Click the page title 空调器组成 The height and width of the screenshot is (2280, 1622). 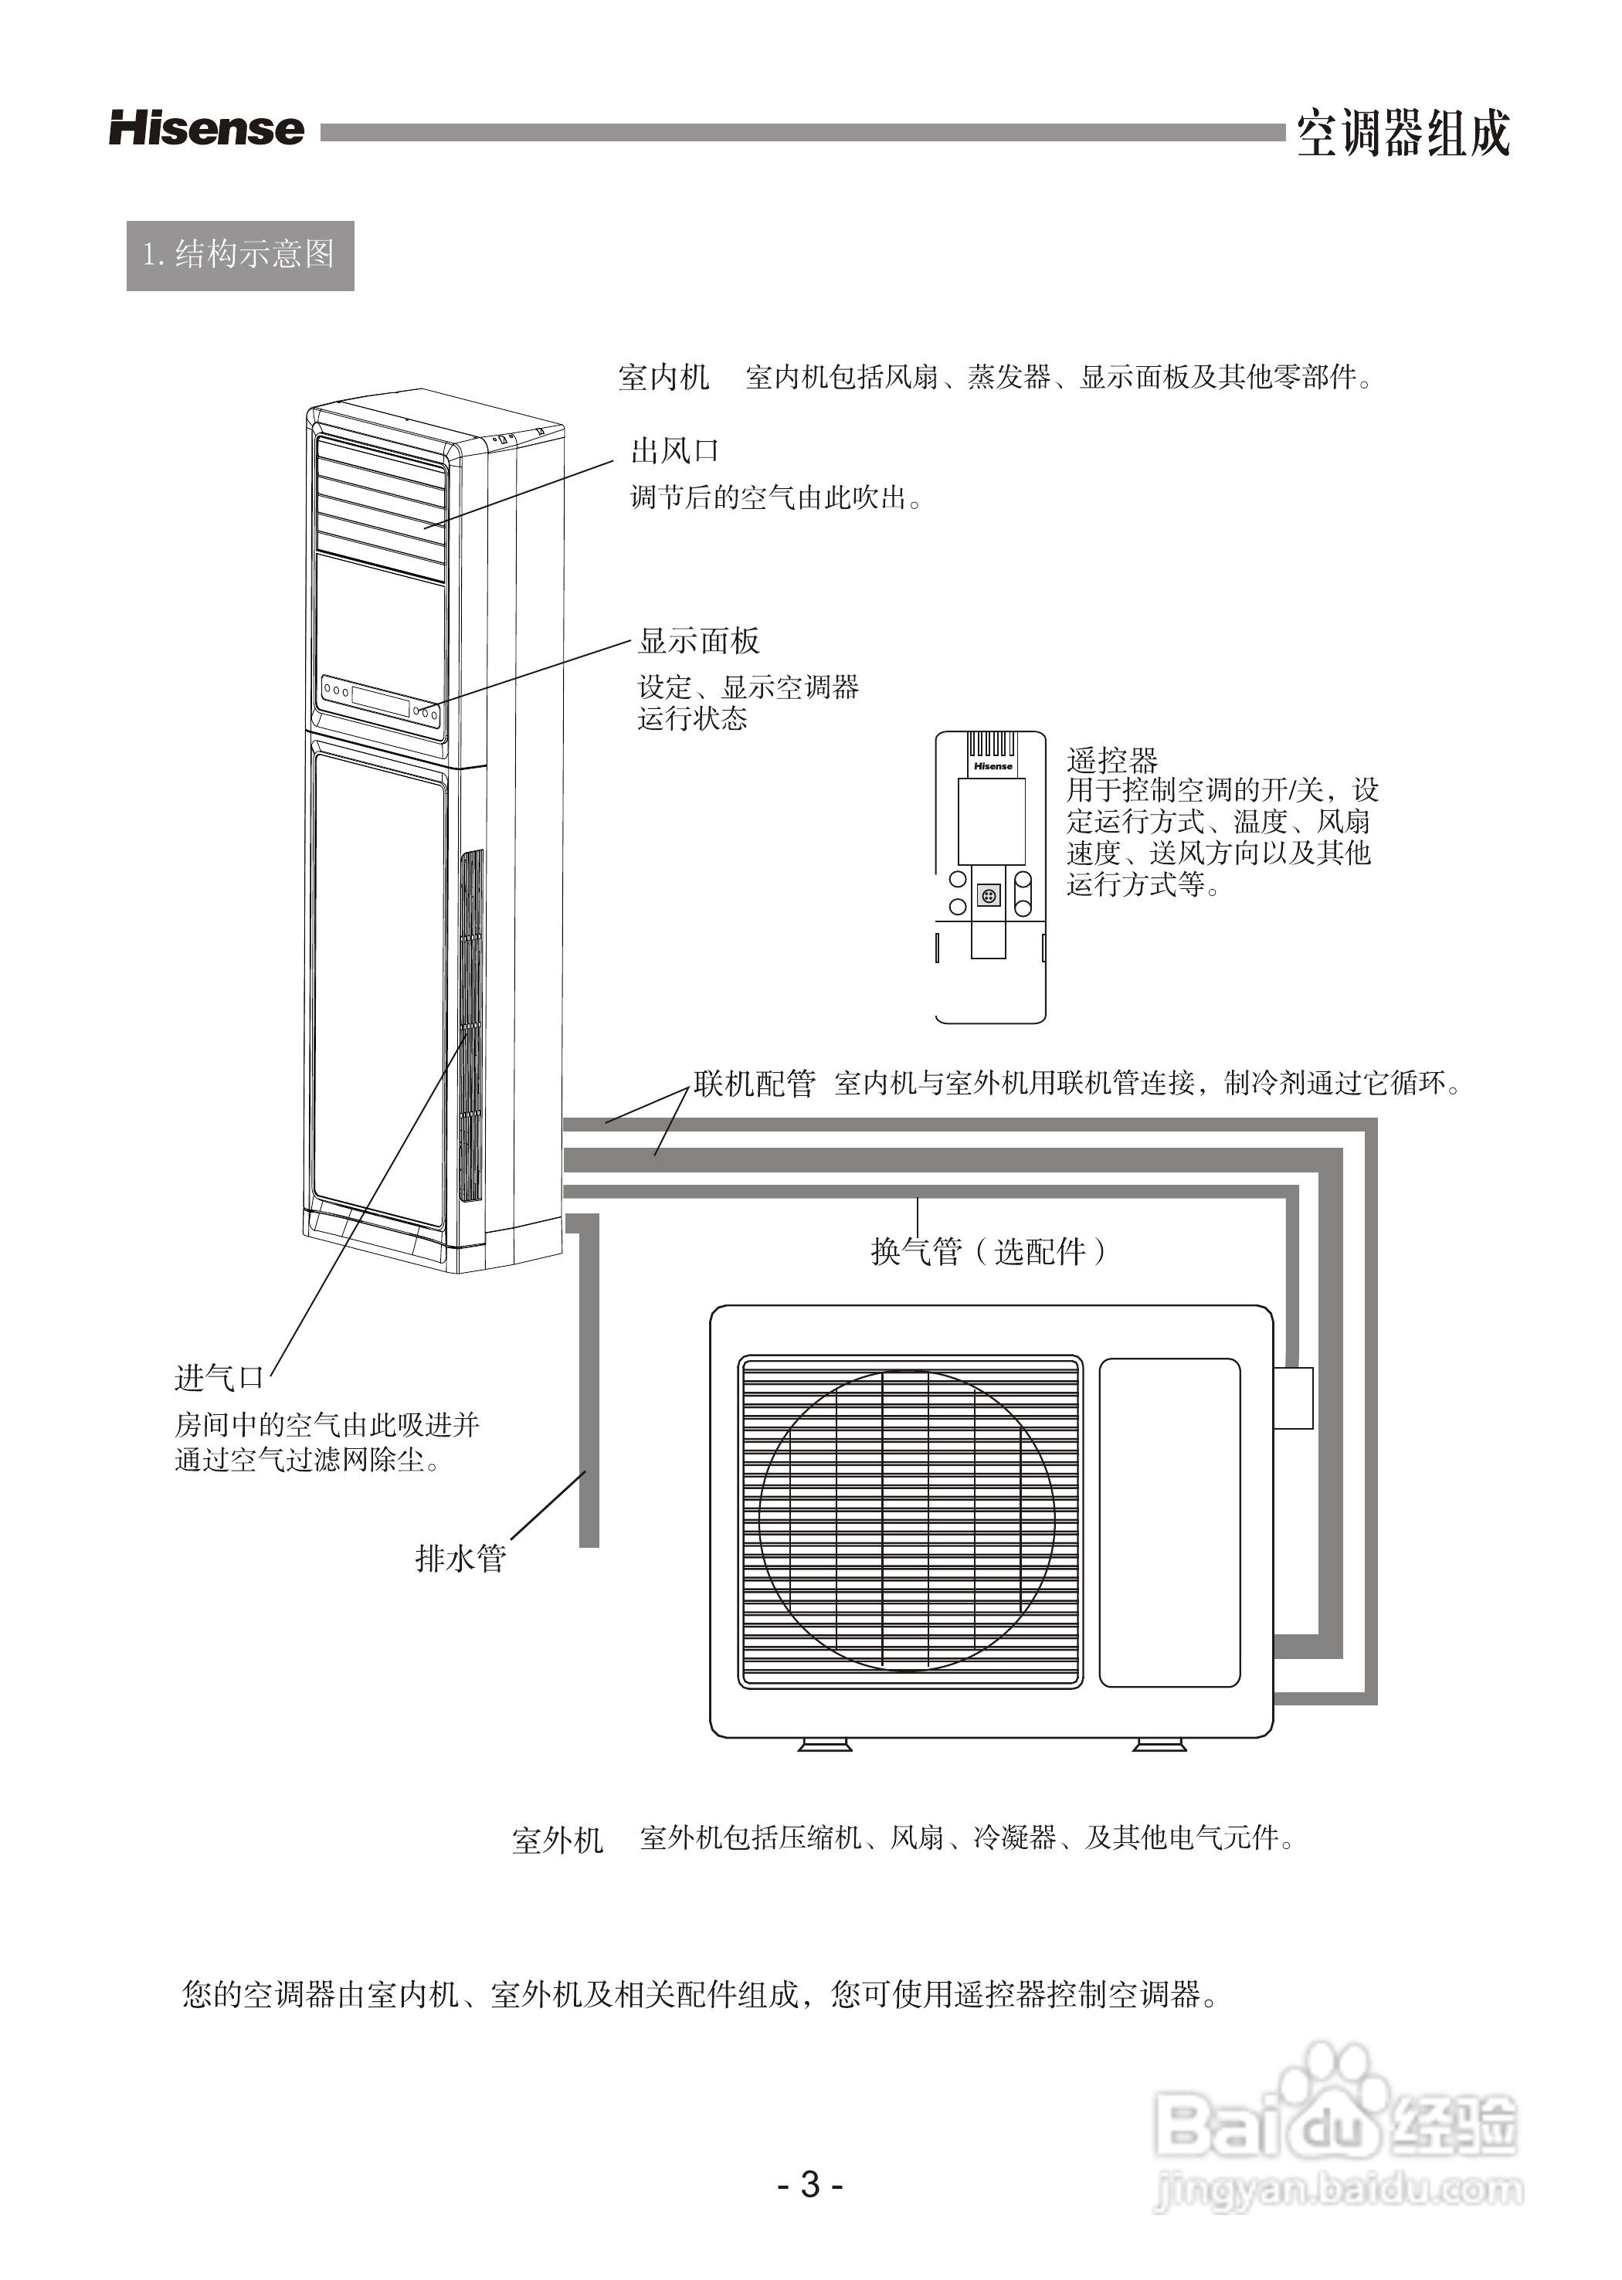point(1403,134)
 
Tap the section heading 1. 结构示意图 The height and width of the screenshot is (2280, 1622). point(239,256)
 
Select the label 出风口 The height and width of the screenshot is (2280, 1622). point(675,451)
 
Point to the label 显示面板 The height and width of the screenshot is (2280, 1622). point(699,641)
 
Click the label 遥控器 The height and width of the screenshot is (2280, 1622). point(1111,761)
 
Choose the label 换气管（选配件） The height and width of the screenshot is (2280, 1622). point(989,1251)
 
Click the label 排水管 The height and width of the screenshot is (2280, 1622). point(460,1558)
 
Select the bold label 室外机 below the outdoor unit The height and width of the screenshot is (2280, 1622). point(558,1840)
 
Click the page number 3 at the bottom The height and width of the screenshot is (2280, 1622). point(810,2185)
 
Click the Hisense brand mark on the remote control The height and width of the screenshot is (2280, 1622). point(993,766)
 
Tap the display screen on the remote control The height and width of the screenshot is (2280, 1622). point(991,821)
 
